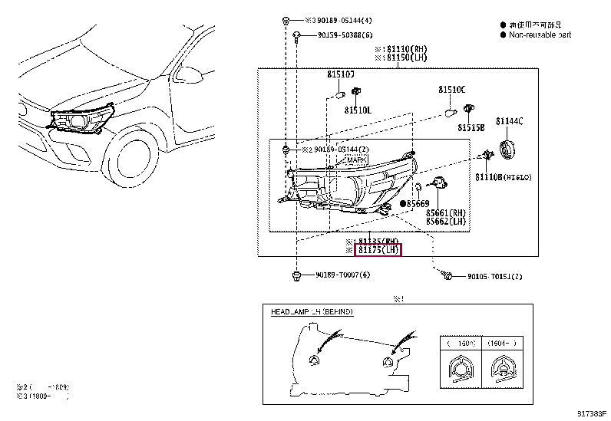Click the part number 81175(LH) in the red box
378,250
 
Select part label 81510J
341,75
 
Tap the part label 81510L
357,110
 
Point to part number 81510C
452,90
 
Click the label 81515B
471,127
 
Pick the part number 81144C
509,121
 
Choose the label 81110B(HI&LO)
503,177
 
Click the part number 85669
418,203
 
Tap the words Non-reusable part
540,35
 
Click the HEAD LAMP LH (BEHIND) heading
312,313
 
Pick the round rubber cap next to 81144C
507,149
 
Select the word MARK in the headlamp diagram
356,160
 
